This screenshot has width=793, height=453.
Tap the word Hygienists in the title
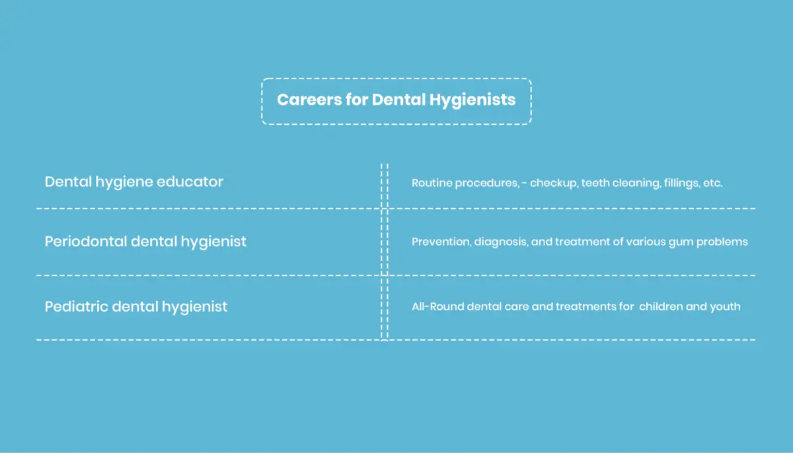(472, 100)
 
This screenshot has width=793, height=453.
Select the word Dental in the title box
(398, 99)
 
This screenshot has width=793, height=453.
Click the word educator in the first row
(190, 182)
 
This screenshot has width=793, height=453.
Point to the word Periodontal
(86, 242)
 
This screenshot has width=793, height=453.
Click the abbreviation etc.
(712, 183)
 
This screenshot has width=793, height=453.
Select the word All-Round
(438, 306)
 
